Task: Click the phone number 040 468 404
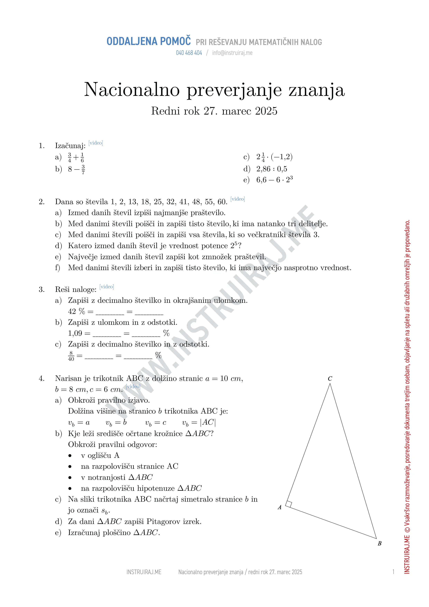click(x=189, y=53)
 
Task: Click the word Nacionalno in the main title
click(x=132, y=90)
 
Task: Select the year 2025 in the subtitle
click(x=266, y=111)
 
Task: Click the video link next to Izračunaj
click(x=96, y=143)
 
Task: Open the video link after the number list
click(x=237, y=199)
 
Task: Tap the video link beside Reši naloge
click(x=107, y=287)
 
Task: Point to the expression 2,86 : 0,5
click(x=272, y=169)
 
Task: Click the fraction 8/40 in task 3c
click(x=71, y=356)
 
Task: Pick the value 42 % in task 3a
click(x=76, y=311)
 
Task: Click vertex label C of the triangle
click(x=330, y=379)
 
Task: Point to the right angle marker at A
click(x=289, y=504)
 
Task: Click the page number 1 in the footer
click(x=393, y=572)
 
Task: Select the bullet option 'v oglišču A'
click(x=100, y=456)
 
